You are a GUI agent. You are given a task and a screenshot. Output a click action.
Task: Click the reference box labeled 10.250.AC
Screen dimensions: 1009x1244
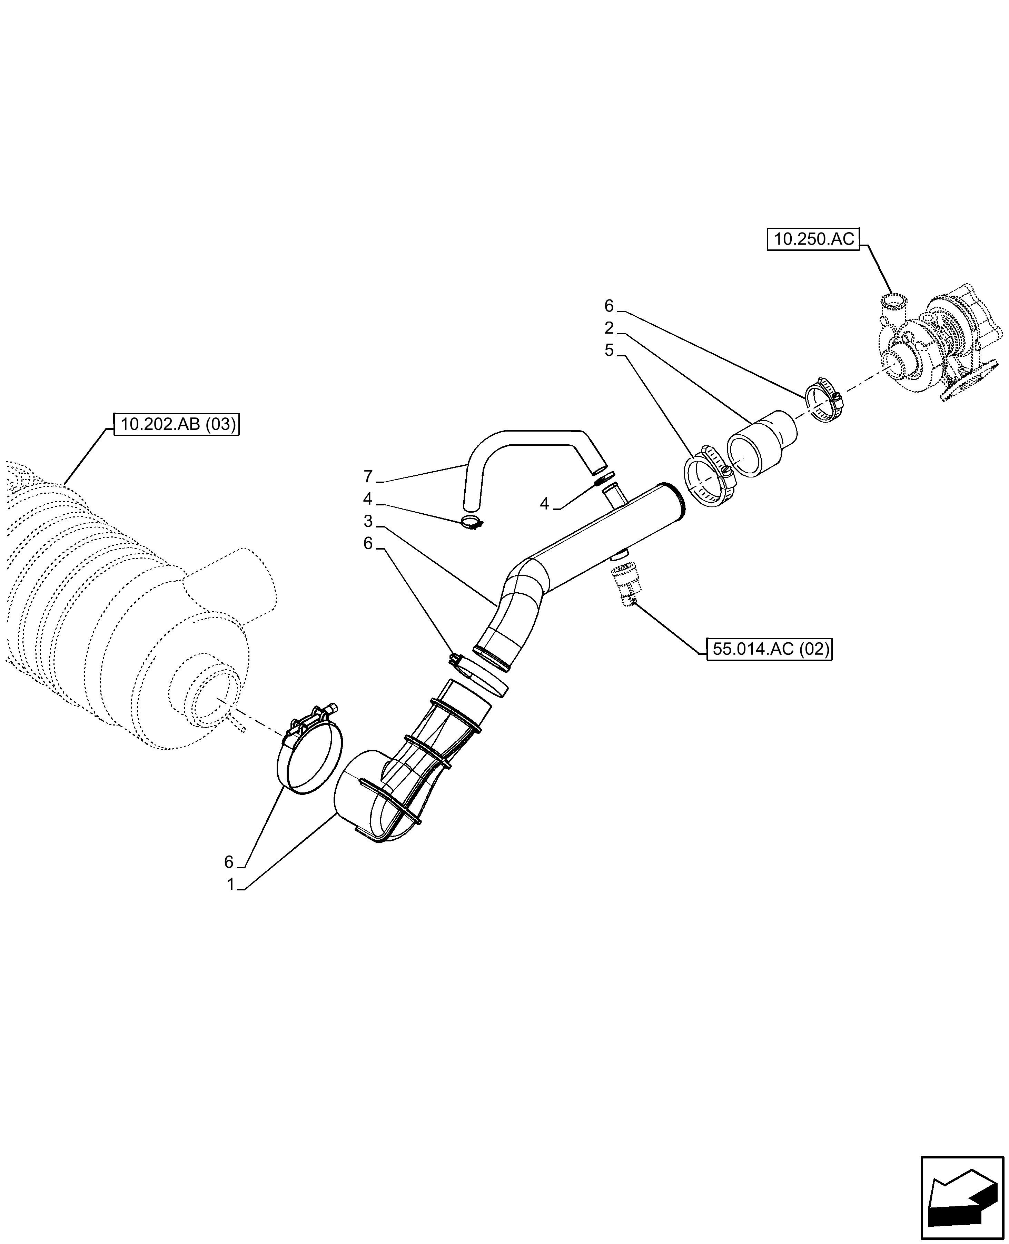coord(813,239)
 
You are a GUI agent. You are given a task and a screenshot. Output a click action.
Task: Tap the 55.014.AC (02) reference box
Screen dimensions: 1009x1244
coord(769,649)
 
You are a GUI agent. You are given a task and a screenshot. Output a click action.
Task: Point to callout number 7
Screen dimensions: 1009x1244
coord(367,477)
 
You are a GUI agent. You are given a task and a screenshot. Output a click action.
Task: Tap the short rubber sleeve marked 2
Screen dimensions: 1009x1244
coord(761,443)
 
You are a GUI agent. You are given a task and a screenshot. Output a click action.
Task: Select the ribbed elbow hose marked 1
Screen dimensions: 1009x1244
coord(407,773)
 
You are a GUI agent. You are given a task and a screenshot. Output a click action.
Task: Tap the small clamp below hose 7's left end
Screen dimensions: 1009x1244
coord(473,523)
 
